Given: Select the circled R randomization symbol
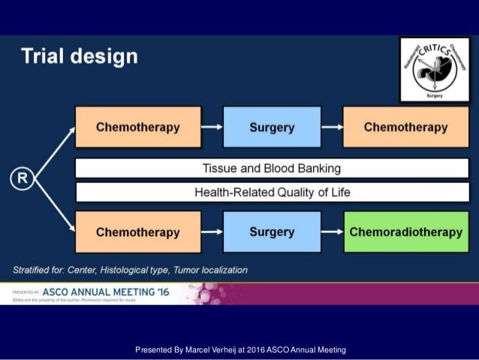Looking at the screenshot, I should [x=23, y=179].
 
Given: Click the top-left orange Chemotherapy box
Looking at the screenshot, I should [x=138, y=127].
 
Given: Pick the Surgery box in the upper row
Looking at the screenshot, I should [x=272, y=127].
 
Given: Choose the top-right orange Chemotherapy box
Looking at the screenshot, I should [x=405, y=127].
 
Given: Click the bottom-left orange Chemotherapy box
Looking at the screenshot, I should [x=138, y=231].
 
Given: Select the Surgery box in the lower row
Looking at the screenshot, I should [x=272, y=231].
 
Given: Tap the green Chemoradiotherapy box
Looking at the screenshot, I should [x=405, y=231].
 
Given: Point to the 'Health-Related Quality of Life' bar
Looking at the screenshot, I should [x=272, y=192].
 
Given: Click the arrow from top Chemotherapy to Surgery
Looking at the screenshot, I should [x=212, y=127].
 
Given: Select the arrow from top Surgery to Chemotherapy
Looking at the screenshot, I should [x=332, y=127].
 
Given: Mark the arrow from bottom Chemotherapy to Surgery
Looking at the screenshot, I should [x=212, y=231].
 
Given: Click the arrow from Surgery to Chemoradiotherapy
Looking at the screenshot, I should [x=332, y=231].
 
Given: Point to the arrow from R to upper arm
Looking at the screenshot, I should [x=54, y=150].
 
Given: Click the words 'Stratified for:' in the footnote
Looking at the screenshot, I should [x=40, y=269].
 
